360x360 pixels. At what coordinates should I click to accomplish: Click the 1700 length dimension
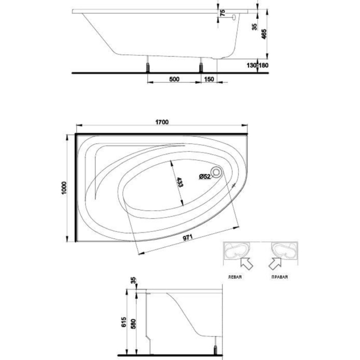click(162, 122)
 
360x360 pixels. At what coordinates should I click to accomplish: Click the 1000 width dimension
click(64, 188)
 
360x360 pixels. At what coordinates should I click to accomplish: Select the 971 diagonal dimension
click(188, 238)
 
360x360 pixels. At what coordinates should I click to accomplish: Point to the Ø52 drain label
click(205, 176)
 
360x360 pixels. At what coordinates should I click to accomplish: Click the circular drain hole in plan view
click(216, 172)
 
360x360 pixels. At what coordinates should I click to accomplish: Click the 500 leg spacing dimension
click(174, 79)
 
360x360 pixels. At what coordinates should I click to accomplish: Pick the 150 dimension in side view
click(209, 79)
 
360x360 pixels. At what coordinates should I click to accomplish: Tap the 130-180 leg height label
click(257, 65)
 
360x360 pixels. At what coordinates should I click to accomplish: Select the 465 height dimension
click(264, 34)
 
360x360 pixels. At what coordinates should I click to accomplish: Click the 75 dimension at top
click(222, 13)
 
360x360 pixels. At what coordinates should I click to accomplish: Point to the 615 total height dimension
click(124, 322)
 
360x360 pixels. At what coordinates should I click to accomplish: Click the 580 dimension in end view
click(133, 324)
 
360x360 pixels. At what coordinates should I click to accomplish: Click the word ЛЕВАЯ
click(234, 277)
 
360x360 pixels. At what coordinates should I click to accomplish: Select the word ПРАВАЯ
click(279, 277)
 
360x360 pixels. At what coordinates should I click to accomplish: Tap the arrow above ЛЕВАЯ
click(246, 263)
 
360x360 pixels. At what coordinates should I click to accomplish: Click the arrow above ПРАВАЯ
click(275, 263)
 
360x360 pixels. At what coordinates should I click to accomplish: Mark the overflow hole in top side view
click(234, 17)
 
